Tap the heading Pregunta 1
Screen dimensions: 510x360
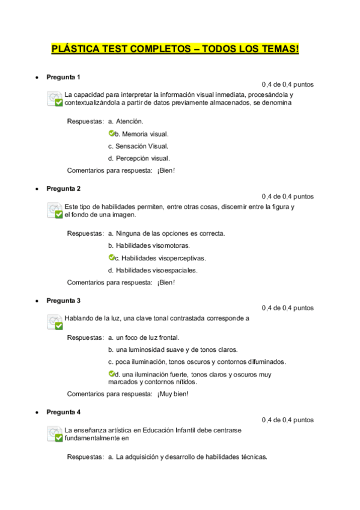(63, 77)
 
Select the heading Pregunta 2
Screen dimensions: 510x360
(63, 188)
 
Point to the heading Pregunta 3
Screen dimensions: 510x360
(63, 300)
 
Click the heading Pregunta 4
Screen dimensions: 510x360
(63, 412)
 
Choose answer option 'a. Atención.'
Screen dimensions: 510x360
(126, 121)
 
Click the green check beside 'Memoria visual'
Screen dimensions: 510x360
(111, 133)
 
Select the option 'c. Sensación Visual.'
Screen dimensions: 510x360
(138, 146)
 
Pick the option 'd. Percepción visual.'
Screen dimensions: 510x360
(138, 158)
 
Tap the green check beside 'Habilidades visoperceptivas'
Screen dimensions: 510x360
(111, 257)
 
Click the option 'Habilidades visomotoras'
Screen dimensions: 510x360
(148, 245)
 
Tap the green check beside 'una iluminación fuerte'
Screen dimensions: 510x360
(111, 373)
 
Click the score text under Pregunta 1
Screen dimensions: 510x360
(287, 85)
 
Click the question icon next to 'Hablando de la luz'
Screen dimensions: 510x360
(55, 322)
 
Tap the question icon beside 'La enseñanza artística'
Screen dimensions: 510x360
(55, 434)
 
